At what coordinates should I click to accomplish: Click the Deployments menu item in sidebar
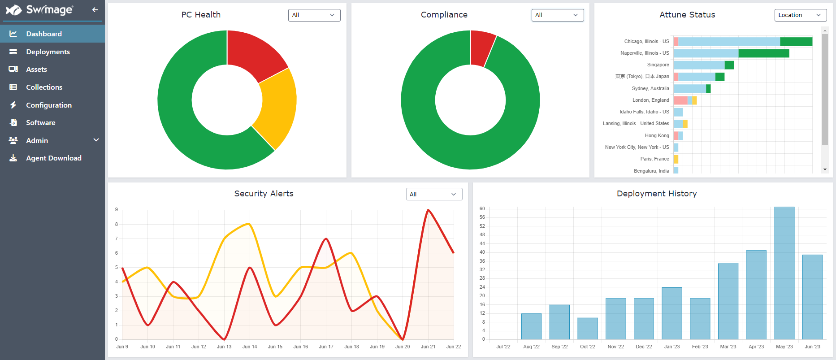point(48,52)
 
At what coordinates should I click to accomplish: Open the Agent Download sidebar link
point(53,158)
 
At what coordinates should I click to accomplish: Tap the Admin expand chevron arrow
point(96,140)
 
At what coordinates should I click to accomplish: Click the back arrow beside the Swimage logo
point(95,9)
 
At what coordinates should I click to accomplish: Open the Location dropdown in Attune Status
point(800,15)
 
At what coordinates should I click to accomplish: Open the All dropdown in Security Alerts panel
point(433,194)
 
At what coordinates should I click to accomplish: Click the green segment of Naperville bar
point(763,53)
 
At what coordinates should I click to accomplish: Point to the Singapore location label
point(658,65)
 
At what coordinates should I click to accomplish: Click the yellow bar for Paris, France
point(676,159)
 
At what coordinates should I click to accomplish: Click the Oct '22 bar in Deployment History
point(587,328)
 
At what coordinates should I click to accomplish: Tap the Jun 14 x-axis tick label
point(250,347)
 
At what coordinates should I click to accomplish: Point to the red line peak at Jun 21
point(429,210)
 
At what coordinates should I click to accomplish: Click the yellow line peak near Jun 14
point(249,223)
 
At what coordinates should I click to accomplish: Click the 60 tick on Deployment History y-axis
point(482,208)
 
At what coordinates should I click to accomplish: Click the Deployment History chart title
point(656,194)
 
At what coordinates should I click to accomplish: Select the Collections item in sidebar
point(44,87)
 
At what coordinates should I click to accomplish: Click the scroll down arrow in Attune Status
point(825,169)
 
